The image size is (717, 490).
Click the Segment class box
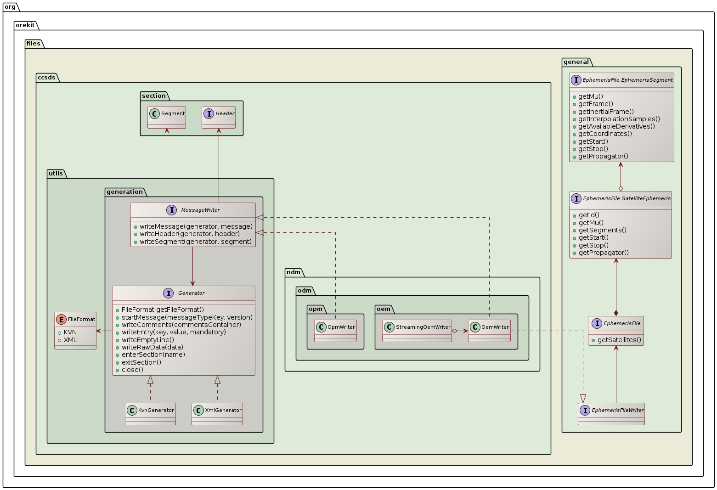pyautogui.click(x=167, y=117)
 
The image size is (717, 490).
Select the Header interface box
pyautogui.click(x=219, y=117)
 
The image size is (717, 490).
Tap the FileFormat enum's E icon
pyautogui.click(x=61, y=319)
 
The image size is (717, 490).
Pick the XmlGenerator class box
pyautogui.click(x=217, y=414)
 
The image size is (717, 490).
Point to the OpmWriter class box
pyautogui.click(x=335, y=331)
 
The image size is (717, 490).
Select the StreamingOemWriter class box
pyautogui.click(x=417, y=331)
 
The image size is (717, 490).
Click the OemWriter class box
pyautogui.click(x=489, y=331)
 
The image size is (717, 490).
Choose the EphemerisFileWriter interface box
pyautogui.click(x=611, y=414)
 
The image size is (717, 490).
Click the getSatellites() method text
pyautogui.click(x=619, y=340)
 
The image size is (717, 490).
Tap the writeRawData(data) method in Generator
pyautogui.click(x=152, y=347)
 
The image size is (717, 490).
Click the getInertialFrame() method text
pyautogui.click(x=606, y=112)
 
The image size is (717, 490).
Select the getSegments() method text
pyautogui.click(x=602, y=230)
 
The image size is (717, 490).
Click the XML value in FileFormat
pyautogui.click(x=70, y=340)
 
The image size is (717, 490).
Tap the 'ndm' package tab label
pyautogui.click(x=294, y=272)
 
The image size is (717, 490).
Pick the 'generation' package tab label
pyautogui.click(x=124, y=192)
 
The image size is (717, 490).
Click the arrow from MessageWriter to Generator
pyautogui.click(x=192, y=266)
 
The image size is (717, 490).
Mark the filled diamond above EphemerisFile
pyautogui.click(x=616, y=312)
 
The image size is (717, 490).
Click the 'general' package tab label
pyautogui.click(x=576, y=62)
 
